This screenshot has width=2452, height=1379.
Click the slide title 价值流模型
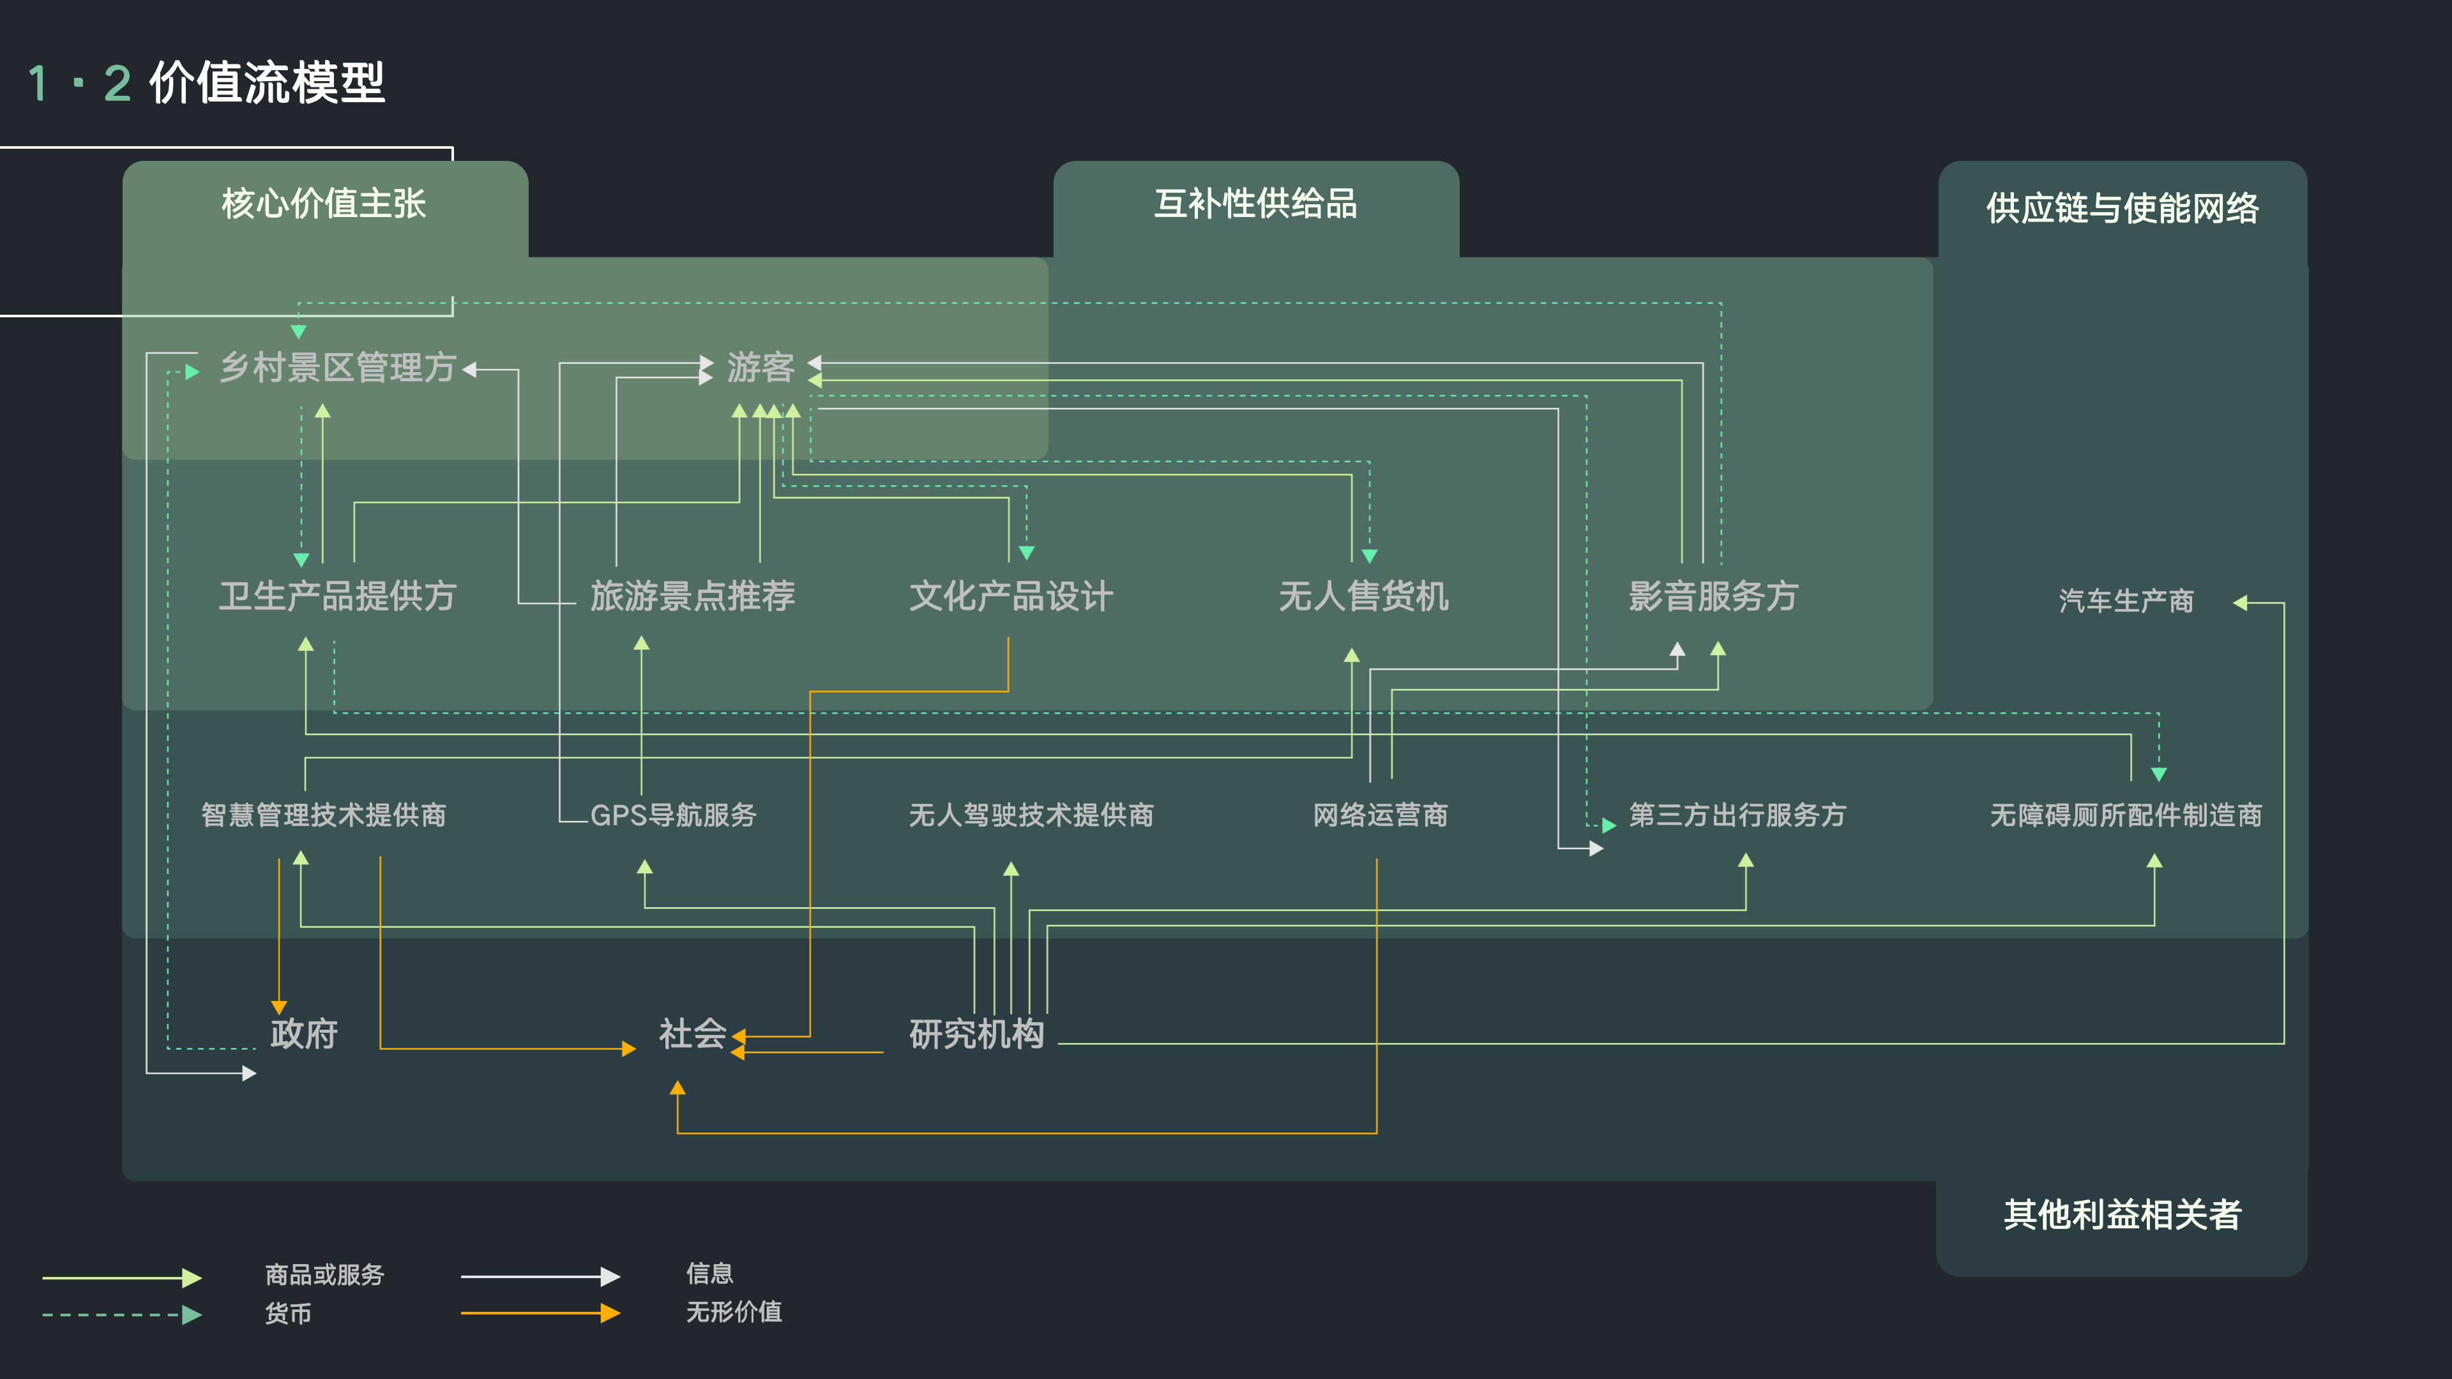[x=266, y=83]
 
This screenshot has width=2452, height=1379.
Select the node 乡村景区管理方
[x=337, y=367]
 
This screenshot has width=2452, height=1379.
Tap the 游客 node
[x=760, y=367]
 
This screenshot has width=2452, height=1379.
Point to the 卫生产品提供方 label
[x=337, y=597]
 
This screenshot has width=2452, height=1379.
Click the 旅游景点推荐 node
[x=692, y=597]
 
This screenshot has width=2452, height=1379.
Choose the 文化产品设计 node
[x=1011, y=597]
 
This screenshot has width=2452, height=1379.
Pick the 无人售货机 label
[x=1363, y=597]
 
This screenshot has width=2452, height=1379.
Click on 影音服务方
[x=1713, y=597]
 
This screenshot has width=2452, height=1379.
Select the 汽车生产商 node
[x=2126, y=601]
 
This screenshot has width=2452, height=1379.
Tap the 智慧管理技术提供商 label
[x=324, y=815]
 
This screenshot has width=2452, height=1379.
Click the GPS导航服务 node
[x=673, y=815]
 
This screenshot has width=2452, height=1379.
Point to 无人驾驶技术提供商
[x=1031, y=815]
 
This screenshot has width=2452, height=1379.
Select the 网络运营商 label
[x=1380, y=815]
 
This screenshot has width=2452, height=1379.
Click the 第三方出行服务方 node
[x=1737, y=815]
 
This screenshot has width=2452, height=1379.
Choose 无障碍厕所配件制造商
[x=2126, y=815]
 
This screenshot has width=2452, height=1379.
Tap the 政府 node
[x=304, y=1034]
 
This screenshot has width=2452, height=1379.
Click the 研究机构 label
[x=976, y=1034]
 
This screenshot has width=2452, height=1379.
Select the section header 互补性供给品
[x=1255, y=204]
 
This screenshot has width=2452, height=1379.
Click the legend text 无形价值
[x=734, y=1313]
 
